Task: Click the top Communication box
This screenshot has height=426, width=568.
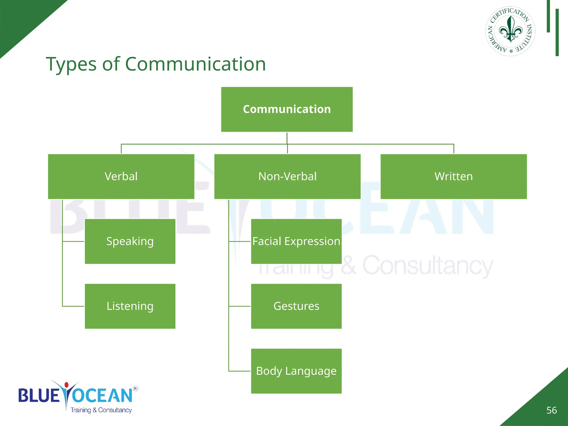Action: [x=287, y=109]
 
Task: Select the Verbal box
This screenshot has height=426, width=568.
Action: [x=121, y=176]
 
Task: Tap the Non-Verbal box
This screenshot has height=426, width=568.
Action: [x=287, y=176]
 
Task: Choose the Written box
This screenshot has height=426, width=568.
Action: [x=453, y=176]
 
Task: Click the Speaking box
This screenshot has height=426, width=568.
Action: [x=130, y=241]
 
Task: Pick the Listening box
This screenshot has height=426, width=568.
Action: [x=130, y=306]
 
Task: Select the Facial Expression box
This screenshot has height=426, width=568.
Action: [x=296, y=241]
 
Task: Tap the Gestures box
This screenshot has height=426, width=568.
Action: [x=296, y=306]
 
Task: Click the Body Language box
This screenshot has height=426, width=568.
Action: [x=296, y=371]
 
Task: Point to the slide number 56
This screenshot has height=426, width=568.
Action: [x=551, y=410]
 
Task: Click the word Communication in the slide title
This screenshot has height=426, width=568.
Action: [x=195, y=64]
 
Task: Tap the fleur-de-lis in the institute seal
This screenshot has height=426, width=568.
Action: [x=510, y=30]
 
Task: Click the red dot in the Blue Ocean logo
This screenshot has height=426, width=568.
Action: [x=66, y=385]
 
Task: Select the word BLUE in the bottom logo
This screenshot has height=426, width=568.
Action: [x=39, y=395]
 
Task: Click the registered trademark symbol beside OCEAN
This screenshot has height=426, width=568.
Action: [x=135, y=389]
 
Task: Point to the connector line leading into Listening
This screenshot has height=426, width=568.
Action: [x=73, y=306]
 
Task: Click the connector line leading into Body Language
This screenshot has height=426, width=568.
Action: [x=239, y=371]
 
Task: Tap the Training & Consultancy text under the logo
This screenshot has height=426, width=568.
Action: [x=101, y=410]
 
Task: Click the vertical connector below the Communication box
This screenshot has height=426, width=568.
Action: [x=287, y=138]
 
